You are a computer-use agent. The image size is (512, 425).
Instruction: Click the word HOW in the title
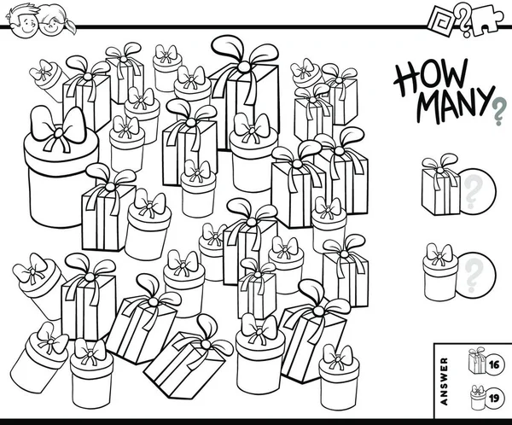431,79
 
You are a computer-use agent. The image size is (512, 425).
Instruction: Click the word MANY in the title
456,105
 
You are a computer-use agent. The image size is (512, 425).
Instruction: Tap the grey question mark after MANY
498,113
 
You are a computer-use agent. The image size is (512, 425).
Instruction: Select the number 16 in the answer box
494,364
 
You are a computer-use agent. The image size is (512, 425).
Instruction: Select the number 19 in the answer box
494,399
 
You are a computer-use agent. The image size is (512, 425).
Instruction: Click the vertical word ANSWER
444,381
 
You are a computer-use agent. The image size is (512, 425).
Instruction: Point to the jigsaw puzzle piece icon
487,20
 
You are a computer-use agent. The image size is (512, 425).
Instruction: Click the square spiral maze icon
442,21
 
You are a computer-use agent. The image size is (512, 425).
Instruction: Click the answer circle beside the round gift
476,274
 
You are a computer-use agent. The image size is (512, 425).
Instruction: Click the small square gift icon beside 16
477,361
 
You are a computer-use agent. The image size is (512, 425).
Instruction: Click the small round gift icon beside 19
478,397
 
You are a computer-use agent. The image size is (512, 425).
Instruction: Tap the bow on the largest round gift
58,128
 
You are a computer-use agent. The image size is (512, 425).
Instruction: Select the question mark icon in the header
463,20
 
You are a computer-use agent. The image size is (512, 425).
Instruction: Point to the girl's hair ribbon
69,25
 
